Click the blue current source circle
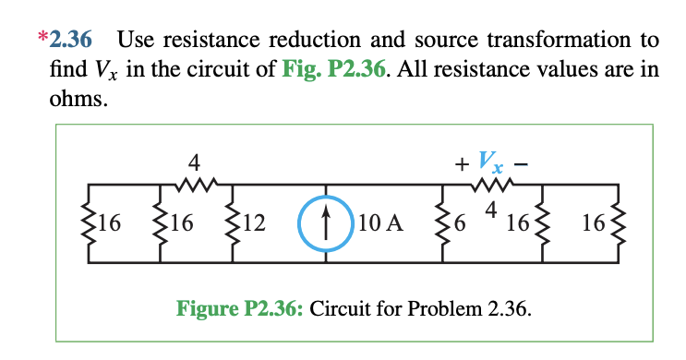(324, 223)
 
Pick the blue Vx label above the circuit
(491, 164)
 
